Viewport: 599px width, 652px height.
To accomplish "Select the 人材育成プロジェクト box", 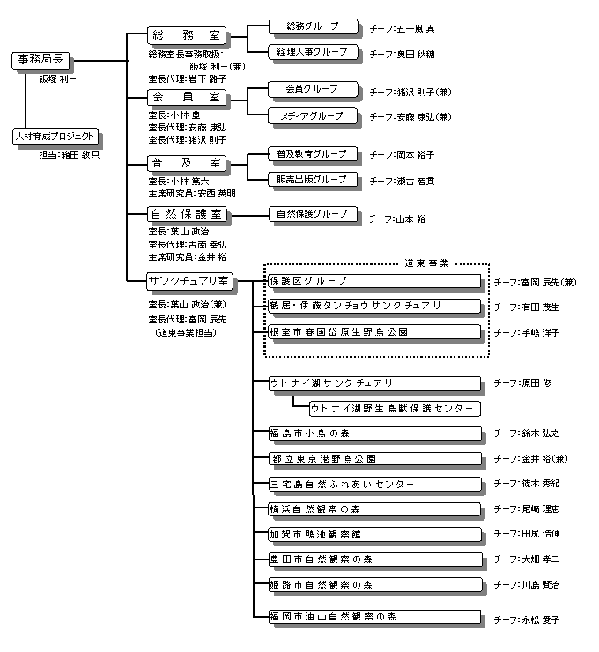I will [x=54, y=137].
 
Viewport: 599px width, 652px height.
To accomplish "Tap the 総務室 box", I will [x=186, y=36].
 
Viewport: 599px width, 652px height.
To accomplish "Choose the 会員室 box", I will [x=186, y=96].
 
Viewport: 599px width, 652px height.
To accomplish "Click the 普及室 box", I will [x=186, y=164].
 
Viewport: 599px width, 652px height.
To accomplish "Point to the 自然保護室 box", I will [x=186, y=214].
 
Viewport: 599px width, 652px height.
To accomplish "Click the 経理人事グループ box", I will [x=312, y=52].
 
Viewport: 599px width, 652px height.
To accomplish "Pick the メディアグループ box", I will [x=312, y=115].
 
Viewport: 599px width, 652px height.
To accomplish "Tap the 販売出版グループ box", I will [x=312, y=179].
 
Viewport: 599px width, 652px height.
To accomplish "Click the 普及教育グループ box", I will [x=312, y=154].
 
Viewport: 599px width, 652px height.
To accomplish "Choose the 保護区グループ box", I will [x=374, y=281].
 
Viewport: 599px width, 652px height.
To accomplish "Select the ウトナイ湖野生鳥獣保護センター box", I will [x=394, y=408].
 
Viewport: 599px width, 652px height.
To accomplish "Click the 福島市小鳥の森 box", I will [x=374, y=433].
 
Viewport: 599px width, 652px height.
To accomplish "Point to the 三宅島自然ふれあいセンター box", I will [x=374, y=484].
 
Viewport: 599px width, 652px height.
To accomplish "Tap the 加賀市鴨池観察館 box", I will [x=374, y=534].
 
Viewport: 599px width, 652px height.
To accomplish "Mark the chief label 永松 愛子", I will [x=539, y=620].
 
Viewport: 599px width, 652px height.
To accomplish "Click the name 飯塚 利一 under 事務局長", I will [x=57, y=78].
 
